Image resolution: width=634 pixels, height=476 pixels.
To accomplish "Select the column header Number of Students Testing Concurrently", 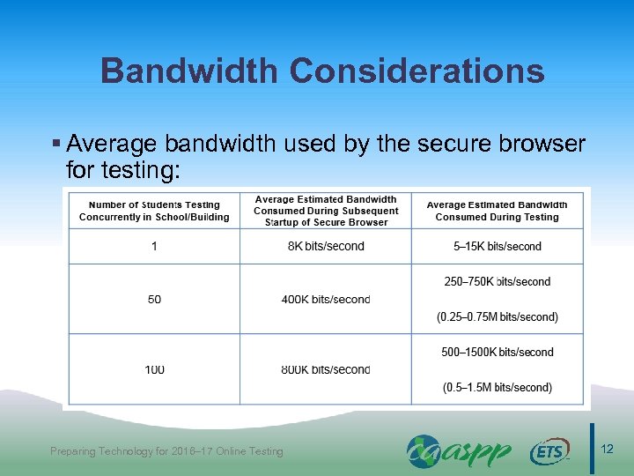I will coord(154,211).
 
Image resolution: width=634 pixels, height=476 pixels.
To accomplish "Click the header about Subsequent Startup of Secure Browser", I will coord(326,211).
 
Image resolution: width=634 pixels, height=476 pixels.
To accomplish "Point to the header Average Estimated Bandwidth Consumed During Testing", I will coord(497,211).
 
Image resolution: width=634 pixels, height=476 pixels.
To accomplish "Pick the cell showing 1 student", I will coord(155,246).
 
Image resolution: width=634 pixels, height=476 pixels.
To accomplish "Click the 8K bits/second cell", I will coord(326,246).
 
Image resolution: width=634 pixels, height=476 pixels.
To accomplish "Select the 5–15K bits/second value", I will coord(498,246).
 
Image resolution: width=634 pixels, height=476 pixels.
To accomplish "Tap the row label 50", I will coord(155,300).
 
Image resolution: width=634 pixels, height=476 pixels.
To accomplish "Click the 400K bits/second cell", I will coord(326,300).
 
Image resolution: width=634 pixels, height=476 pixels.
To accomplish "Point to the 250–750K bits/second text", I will coord(498,282).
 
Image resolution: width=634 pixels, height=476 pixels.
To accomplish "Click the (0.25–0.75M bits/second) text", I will coord(498,316).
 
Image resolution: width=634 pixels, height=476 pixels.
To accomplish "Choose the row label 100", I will coord(155,369).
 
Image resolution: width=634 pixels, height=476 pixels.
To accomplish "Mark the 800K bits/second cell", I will coord(326,369).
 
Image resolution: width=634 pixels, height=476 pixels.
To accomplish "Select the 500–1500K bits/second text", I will coord(498,352).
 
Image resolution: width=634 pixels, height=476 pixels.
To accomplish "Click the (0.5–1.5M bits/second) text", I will coord(498,387).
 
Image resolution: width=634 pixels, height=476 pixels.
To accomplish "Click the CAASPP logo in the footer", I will coord(459,451).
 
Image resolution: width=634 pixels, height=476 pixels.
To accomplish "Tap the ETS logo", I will coord(549,452).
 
